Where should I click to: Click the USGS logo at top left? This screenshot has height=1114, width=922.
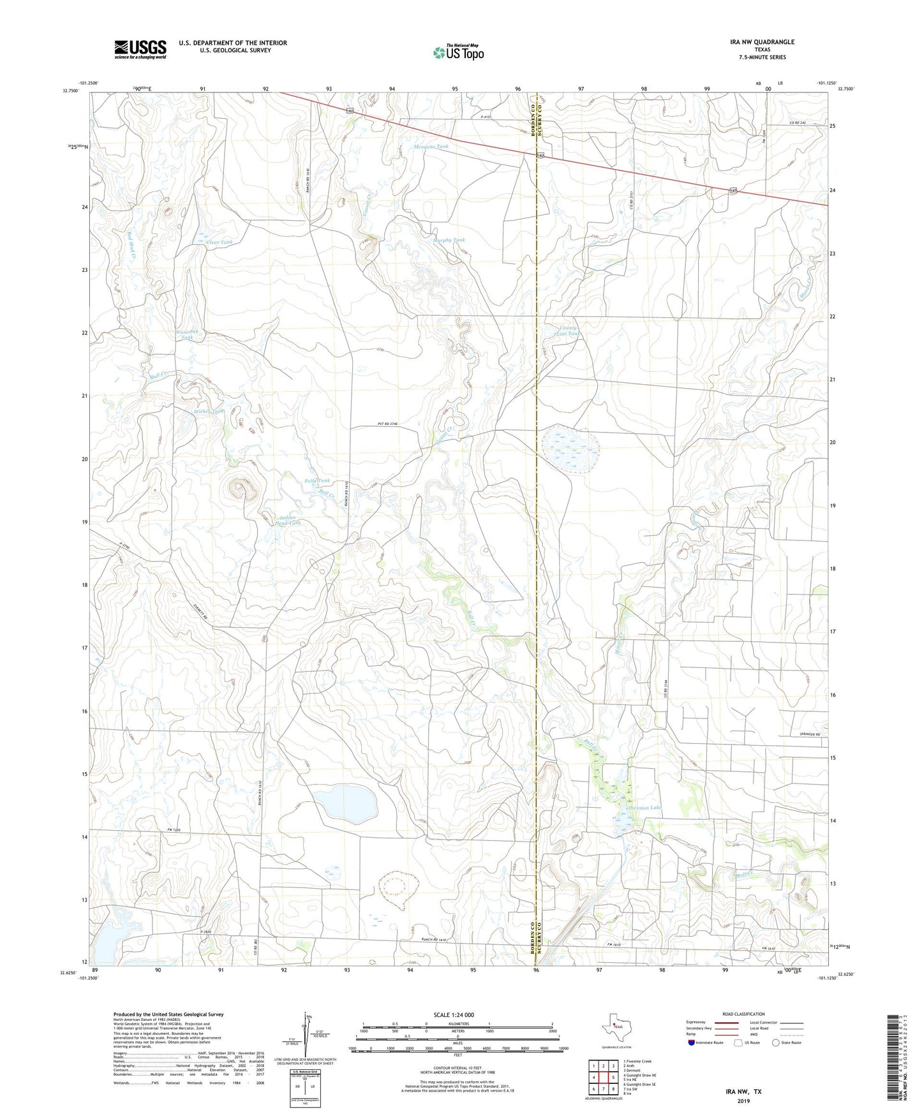pyautogui.click(x=140, y=49)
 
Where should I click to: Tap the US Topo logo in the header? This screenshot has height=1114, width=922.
pyautogui.click(x=458, y=52)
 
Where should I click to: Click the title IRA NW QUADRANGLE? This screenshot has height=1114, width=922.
pyautogui.click(x=762, y=42)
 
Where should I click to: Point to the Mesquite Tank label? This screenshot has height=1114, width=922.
pyautogui.click(x=431, y=147)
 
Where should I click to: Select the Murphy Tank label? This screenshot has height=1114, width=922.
pyautogui.click(x=449, y=241)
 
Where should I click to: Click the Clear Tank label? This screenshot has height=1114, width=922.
pyautogui.click(x=219, y=242)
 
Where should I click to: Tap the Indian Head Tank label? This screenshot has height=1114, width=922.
pyautogui.click(x=286, y=520)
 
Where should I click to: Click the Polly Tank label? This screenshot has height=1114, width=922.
pyautogui.click(x=317, y=480)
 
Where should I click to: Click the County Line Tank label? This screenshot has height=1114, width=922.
pyautogui.click(x=568, y=330)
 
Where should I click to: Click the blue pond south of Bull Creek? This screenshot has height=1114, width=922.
pyautogui.click(x=343, y=802)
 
